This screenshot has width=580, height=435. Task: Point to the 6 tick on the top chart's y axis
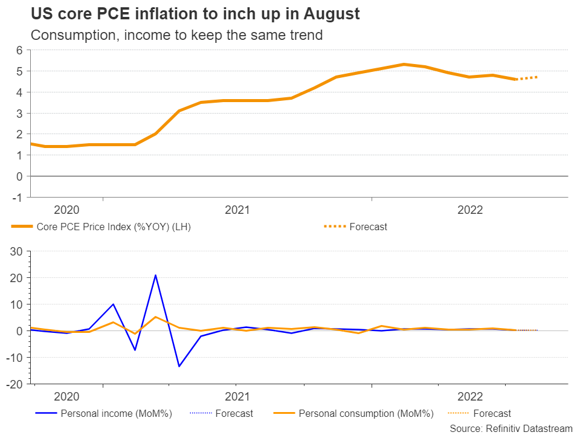click(x=20, y=50)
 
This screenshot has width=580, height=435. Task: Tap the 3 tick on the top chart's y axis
click(x=20, y=113)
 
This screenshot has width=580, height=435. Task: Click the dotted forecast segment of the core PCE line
click(x=527, y=78)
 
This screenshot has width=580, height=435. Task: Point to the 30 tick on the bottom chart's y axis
click(x=17, y=251)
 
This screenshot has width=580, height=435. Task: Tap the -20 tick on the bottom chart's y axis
click(x=15, y=384)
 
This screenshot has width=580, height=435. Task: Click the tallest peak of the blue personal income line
click(x=156, y=275)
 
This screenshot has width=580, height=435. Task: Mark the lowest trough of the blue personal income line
click(x=179, y=366)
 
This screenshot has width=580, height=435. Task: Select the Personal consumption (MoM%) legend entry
click(x=366, y=414)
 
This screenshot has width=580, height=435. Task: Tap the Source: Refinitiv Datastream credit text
click(x=511, y=428)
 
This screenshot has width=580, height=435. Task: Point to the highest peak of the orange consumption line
click(x=156, y=317)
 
